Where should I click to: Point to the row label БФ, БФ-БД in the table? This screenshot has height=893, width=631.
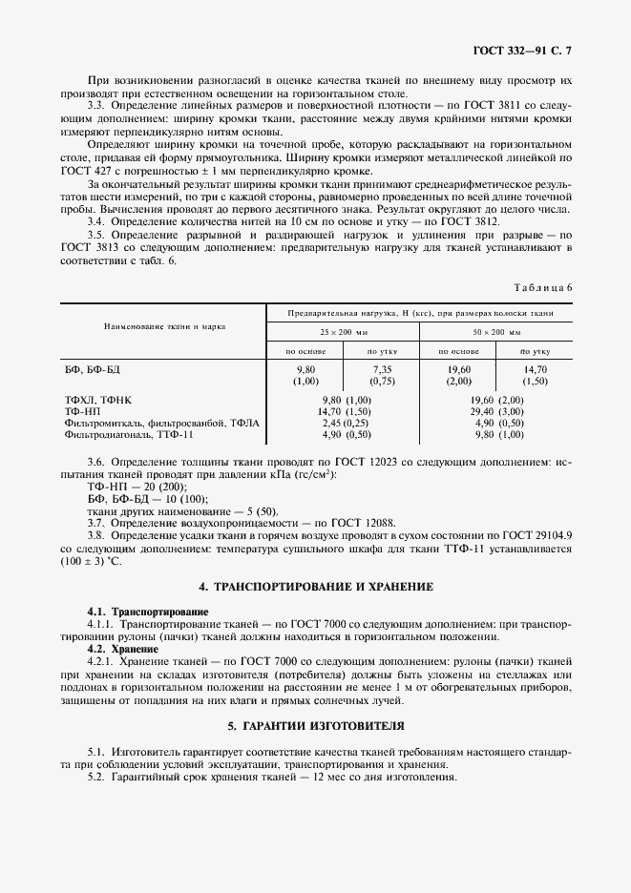click(94, 368)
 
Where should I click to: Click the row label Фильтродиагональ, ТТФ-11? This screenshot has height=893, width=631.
click(128, 434)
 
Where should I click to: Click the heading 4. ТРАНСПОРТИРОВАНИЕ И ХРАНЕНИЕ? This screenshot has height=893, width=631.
click(315, 586)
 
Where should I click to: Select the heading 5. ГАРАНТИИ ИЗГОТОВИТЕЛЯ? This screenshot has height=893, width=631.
click(315, 726)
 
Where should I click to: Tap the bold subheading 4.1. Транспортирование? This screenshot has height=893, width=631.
click(148, 611)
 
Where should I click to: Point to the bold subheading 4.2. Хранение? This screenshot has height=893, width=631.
click(122, 648)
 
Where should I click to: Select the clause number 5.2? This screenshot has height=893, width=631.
click(95, 776)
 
